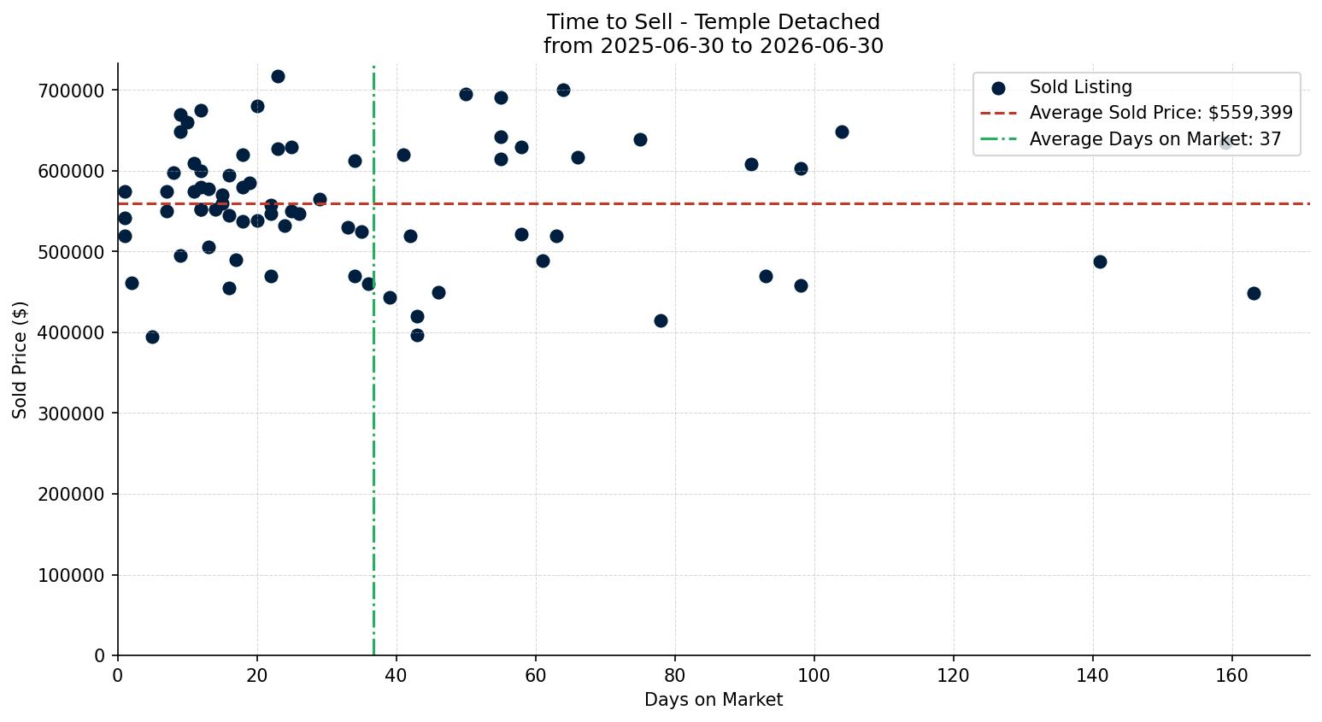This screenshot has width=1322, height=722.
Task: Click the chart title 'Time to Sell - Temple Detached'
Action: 713,22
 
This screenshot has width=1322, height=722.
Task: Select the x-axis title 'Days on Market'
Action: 713,700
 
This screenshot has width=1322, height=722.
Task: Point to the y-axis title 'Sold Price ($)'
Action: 20,360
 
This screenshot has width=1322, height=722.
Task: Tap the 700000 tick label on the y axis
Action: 71,91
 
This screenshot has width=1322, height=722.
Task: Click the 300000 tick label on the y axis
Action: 71,414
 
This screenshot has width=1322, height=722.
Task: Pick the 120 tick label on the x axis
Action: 954,675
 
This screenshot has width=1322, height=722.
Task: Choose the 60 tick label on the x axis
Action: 536,675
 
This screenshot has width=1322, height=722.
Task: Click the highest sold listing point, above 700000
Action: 278,77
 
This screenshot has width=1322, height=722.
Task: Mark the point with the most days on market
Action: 1254,294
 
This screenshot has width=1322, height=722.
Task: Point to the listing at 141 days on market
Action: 1100,262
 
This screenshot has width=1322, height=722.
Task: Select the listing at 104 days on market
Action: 843,132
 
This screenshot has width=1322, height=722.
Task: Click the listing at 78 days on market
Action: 661,321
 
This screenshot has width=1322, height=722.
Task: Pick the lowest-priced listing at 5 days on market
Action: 152,338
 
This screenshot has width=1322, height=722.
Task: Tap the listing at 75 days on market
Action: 640,140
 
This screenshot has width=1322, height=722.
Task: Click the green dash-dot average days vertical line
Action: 373,360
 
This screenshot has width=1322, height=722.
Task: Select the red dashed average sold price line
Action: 714,204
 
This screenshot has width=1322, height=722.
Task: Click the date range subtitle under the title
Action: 713,46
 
